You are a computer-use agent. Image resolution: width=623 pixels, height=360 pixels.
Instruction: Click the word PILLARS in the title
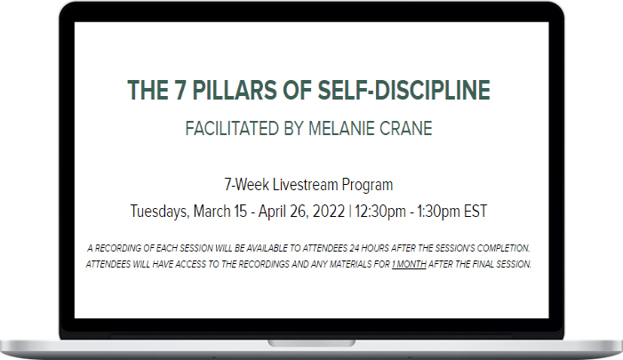click(x=235, y=90)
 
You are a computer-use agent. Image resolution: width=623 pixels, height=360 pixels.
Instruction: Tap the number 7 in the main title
click(x=180, y=90)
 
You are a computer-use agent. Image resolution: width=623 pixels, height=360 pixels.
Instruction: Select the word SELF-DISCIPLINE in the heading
click(x=403, y=90)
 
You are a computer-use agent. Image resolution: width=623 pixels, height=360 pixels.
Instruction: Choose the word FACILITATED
click(x=232, y=129)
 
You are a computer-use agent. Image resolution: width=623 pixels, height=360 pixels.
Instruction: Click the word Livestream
click(x=305, y=185)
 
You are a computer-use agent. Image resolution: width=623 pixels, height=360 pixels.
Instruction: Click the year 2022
click(x=329, y=212)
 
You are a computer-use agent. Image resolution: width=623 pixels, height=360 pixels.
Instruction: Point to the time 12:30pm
click(x=380, y=212)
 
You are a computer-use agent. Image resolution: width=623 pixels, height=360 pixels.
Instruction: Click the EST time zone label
click(x=475, y=212)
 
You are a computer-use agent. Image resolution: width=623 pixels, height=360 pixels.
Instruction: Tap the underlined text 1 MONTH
click(x=409, y=264)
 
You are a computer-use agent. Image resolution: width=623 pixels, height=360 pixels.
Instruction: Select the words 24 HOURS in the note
click(x=369, y=248)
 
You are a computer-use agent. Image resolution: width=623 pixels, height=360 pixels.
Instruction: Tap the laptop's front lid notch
click(x=311, y=343)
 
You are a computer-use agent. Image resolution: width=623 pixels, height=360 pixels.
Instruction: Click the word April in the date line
click(x=271, y=212)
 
